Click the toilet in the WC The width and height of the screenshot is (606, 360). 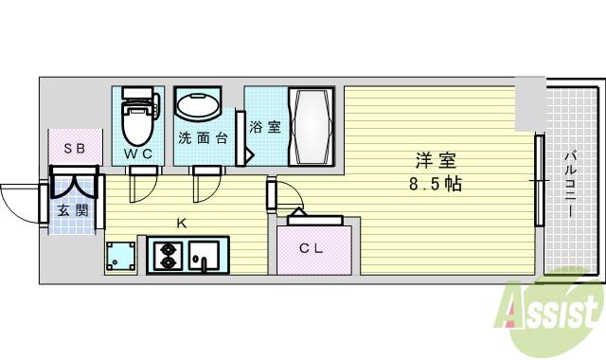coord(139,116)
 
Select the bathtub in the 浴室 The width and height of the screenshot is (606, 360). coord(312,127)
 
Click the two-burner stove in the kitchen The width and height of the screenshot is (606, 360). coord(169,256)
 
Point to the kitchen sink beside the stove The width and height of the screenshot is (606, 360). coord(204,256)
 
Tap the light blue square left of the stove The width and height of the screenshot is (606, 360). coord(120,256)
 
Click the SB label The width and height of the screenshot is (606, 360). coord(74,149)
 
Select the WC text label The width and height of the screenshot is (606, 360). coord(138,153)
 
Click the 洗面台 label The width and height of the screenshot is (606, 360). coord(203,138)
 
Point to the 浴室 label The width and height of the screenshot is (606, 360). coord(265,127)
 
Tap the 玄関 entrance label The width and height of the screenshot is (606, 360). coord(73,210)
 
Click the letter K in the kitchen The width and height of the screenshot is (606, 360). coord(181,224)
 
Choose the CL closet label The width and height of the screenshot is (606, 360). coord(312,248)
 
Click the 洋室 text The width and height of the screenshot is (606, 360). coord(436,160)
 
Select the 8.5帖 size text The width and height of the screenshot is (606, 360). coord(436,184)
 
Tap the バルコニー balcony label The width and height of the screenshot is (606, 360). coord(571,185)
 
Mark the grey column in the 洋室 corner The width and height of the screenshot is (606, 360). coord(530,104)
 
